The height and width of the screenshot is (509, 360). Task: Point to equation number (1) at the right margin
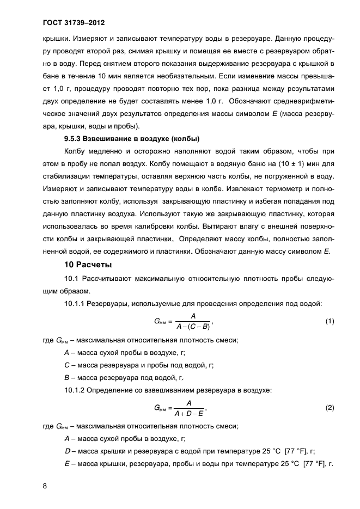pos(329,321)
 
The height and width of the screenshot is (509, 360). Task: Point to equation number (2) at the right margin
pos(329,407)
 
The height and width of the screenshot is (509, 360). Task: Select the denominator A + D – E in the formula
pos(188,413)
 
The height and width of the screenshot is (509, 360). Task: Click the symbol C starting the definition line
pos(66,366)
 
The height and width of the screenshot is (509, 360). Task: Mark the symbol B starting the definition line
pos(66,378)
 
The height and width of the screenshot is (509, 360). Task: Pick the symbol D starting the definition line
pos(66,451)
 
